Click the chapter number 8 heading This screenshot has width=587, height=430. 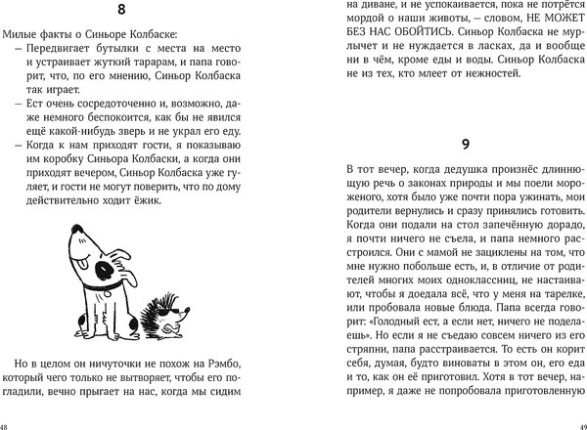146,12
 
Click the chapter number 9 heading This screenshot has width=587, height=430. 466,144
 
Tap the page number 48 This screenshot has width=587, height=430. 6,424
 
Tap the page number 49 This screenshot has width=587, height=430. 580,424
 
